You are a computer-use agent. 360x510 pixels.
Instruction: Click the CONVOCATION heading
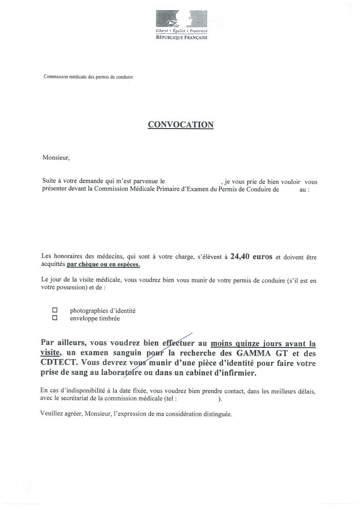pyautogui.click(x=180, y=125)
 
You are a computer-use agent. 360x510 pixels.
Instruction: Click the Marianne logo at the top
pyautogui.click(x=181, y=18)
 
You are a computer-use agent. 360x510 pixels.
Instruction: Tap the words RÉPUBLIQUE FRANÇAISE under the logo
pyautogui.click(x=182, y=38)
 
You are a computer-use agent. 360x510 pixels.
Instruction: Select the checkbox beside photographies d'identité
pyautogui.click(x=55, y=310)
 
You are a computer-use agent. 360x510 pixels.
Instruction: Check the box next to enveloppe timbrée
pyautogui.click(x=55, y=318)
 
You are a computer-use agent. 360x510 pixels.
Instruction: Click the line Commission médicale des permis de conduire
pyautogui.click(x=88, y=77)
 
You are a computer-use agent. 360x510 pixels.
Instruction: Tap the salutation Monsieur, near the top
pyautogui.click(x=56, y=158)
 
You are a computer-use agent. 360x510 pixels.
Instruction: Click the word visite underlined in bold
pyautogui.click(x=51, y=354)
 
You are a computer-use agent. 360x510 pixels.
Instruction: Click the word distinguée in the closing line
pyautogui.click(x=217, y=415)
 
